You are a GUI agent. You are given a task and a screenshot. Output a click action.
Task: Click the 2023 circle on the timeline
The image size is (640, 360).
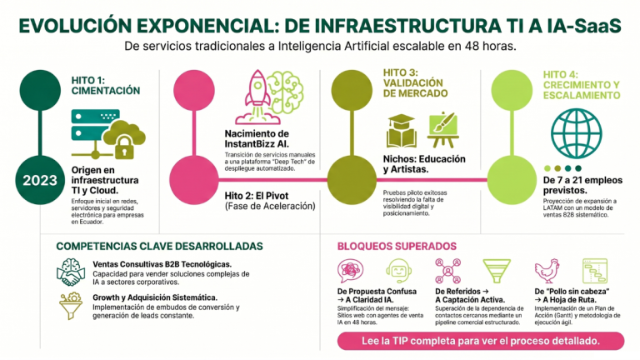[x=40, y=180]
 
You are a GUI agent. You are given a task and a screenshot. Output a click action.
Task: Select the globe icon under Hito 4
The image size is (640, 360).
[x=577, y=133]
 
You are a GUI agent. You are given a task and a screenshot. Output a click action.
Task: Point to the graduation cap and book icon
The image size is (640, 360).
[x=401, y=131]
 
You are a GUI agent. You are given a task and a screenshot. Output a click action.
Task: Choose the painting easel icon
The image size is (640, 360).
[x=442, y=130]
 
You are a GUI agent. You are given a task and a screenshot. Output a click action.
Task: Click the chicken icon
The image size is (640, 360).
[x=547, y=271]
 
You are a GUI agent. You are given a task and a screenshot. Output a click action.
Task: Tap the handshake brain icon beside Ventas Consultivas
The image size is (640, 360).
[x=71, y=272]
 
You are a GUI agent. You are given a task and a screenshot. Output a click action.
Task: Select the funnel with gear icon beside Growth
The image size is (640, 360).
[x=71, y=306]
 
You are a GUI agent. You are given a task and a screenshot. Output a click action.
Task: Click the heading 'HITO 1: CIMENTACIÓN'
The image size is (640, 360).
[x=106, y=85]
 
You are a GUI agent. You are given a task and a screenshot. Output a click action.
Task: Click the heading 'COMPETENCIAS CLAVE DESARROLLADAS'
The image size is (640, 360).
[x=160, y=246]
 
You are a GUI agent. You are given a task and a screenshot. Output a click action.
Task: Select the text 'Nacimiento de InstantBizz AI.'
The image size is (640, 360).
[x=257, y=139]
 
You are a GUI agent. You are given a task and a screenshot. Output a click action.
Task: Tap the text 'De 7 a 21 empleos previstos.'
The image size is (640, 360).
[x=582, y=185]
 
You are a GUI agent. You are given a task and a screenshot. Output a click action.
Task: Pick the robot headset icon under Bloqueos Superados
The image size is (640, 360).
[x=398, y=271]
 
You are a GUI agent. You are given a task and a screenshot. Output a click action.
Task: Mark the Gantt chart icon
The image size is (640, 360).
[x=595, y=271]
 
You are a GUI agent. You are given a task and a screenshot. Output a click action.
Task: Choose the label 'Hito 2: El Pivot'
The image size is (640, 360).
[x=257, y=196]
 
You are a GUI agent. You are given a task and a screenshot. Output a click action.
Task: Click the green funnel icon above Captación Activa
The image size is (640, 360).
[x=497, y=271]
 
